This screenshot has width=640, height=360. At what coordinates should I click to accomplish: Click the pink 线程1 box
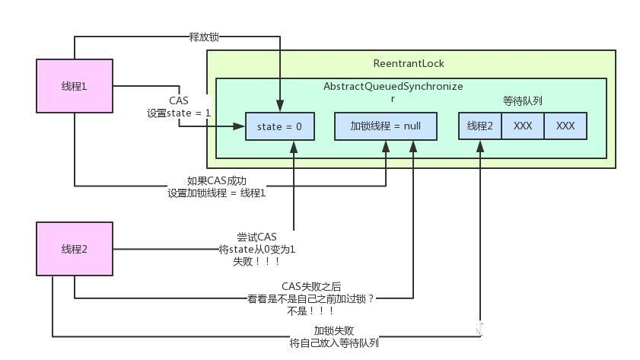pos(75,86)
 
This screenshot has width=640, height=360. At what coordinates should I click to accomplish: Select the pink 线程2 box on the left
pos(75,249)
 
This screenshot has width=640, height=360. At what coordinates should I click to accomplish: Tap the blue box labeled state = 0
pos(279,126)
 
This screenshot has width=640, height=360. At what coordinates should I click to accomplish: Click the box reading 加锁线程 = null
pos(386,126)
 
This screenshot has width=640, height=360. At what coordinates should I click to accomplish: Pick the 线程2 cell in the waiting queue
pos(480,126)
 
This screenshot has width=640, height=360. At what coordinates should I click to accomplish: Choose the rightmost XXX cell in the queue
pos(565,126)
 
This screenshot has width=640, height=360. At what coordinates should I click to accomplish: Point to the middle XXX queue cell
pos(523,126)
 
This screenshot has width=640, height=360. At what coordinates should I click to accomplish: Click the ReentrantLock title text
pos(410,62)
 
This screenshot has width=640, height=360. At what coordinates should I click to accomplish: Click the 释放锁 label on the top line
pos(204,36)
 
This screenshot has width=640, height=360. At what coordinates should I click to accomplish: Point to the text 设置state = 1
pos(179,113)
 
